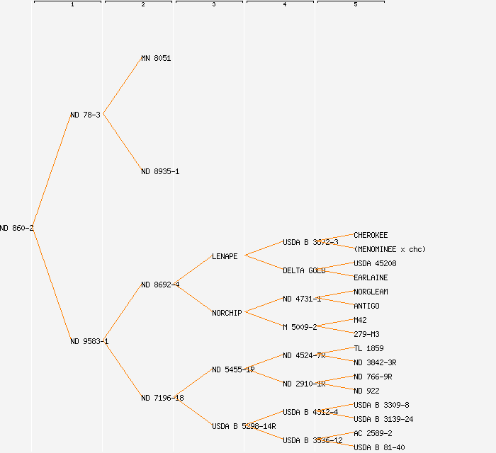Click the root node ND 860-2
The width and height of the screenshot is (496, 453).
[x=16, y=228]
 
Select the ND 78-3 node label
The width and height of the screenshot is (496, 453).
[x=85, y=115]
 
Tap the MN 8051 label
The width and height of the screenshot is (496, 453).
[x=156, y=58]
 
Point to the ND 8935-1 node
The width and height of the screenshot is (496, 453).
[x=160, y=171]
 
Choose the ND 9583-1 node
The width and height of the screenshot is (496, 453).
[x=89, y=341]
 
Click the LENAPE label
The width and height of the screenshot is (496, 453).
[x=225, y=256]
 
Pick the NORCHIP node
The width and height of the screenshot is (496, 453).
[x=227, y=313]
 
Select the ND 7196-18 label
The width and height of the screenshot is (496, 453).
[x=162, y=398]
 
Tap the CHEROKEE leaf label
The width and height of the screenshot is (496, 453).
[x=371, y=235]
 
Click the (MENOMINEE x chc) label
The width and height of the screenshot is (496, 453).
[x=390, y=249]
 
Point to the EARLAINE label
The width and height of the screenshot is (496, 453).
[x=371, y=277]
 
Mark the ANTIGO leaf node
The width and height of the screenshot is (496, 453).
[x=366, y=306]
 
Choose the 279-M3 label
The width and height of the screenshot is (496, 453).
[x=366, y=334]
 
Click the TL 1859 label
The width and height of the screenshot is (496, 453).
[x=368, y=348]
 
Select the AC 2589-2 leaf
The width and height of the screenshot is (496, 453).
[x=373, y=433]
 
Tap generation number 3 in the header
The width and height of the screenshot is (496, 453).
[x=213, y=5]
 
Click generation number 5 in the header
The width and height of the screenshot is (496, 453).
[x=355, y=5]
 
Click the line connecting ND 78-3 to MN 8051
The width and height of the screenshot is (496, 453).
[x=123, y=86]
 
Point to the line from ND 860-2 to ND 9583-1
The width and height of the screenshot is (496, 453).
[x=51, y=285]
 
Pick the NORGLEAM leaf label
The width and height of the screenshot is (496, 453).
[x=371, y=292]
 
